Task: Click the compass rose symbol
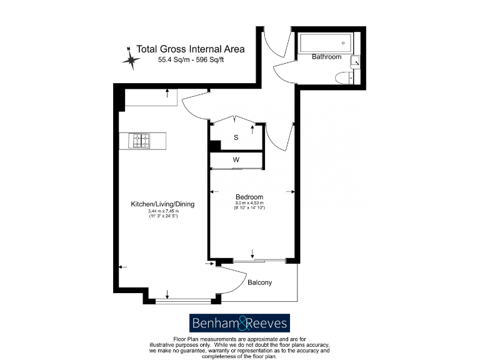pos(132,58)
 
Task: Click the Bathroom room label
pos(326,57)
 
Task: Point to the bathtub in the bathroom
pos(324,44)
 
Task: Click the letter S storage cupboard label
pos(236,137)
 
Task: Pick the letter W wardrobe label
pos(236,160)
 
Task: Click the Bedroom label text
pos(249,197)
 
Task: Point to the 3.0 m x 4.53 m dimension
pos(249,204)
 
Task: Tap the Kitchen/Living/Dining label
pos(162,204)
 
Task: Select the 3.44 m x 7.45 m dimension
pos(162,211)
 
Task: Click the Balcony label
pos(260,282)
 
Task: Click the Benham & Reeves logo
pos(240,322)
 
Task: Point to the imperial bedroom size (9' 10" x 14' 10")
pos(249,208)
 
